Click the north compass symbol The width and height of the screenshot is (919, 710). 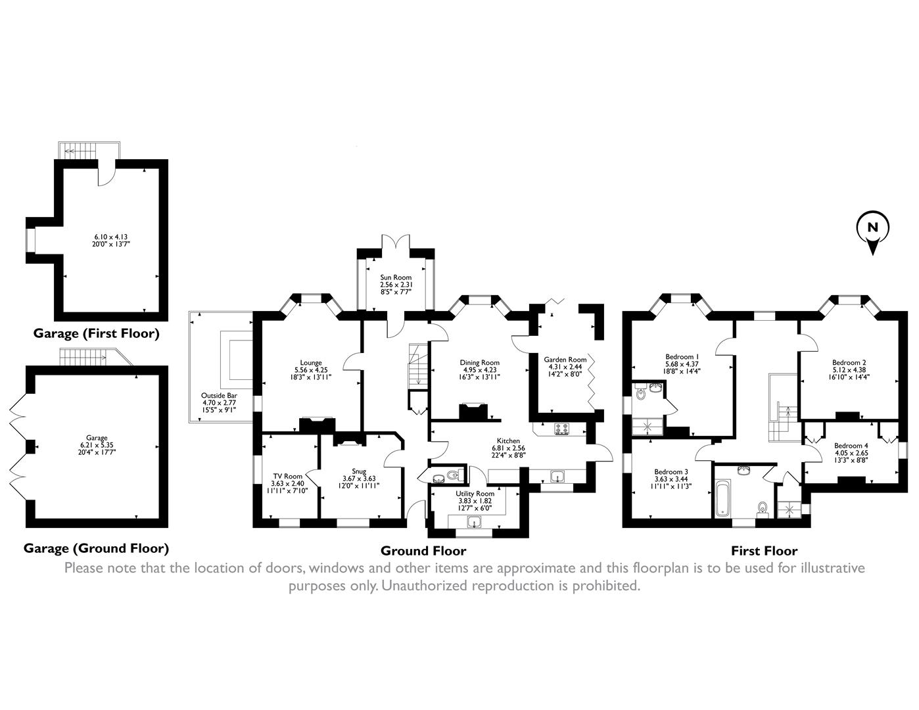coord(872,231)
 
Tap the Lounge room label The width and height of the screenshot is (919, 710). coord(310,362)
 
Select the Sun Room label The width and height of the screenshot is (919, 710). coord(396,277)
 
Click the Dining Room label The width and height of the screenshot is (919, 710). coord(481,362)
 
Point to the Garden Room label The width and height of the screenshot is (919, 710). coord(565,360)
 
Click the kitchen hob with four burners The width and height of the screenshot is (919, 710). coord(562,429)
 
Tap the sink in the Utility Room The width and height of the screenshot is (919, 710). coord(473,523)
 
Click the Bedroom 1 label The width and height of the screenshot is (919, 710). coord(681,357)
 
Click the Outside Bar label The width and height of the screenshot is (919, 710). coord(219,396)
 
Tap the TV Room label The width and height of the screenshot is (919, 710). coord(287,476)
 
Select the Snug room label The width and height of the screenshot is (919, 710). coord(358,471)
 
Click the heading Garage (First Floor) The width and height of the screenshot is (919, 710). coord(96,333)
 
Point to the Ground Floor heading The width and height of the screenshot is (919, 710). coord(423,551)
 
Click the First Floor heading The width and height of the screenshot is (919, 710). coord(764,551)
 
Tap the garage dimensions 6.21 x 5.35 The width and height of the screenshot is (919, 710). coord(96,445)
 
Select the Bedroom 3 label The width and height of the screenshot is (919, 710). coord(671,471)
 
